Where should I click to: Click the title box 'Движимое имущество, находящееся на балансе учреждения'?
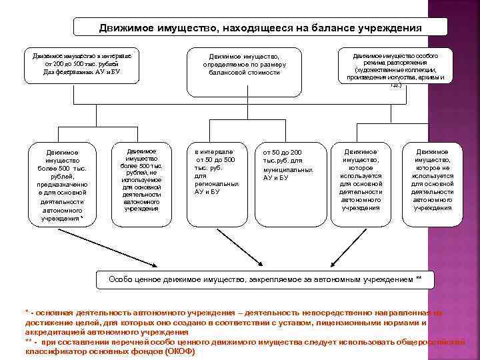(260, 28)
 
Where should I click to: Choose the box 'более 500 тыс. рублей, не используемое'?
(141, 179)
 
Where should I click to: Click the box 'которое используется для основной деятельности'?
(361, 179)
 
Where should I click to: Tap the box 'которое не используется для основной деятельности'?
(432, 179)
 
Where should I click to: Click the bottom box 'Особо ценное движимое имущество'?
(265, 279)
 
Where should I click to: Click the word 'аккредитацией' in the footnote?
(53, 331)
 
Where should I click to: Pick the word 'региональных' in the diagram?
(216, 183)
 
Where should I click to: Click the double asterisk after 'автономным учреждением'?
(418, 279)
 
